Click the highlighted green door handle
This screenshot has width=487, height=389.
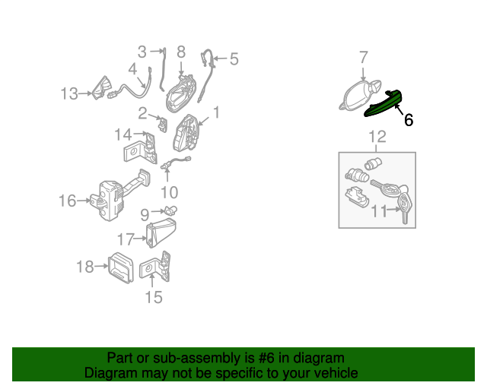coord(383,105)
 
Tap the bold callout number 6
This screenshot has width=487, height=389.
coord(409,120)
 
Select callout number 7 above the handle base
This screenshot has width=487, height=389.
coord(364,58)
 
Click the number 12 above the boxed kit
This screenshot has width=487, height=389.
coord(377,137)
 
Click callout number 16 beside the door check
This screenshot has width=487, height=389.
coord(68,201)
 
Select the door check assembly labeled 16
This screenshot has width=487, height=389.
coord(119,195)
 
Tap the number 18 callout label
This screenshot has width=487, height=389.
coord(85,267)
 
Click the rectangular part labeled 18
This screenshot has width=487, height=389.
coord(120,267)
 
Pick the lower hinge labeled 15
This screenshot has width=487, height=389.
coord(155,267)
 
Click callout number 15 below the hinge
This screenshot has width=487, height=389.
coord(154,297)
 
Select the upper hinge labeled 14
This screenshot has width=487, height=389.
coord(140,148)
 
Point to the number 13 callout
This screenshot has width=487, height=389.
coord(69,93)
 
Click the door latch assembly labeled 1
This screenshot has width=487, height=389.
coord(186,133)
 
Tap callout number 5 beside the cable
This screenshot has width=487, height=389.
coord(234,59)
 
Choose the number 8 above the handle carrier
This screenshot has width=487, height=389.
coord(181,52)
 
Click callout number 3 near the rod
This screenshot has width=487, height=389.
coord(142,52)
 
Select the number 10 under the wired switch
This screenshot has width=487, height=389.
coord(170,192)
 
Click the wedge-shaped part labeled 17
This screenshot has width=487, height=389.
coord(161,232)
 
